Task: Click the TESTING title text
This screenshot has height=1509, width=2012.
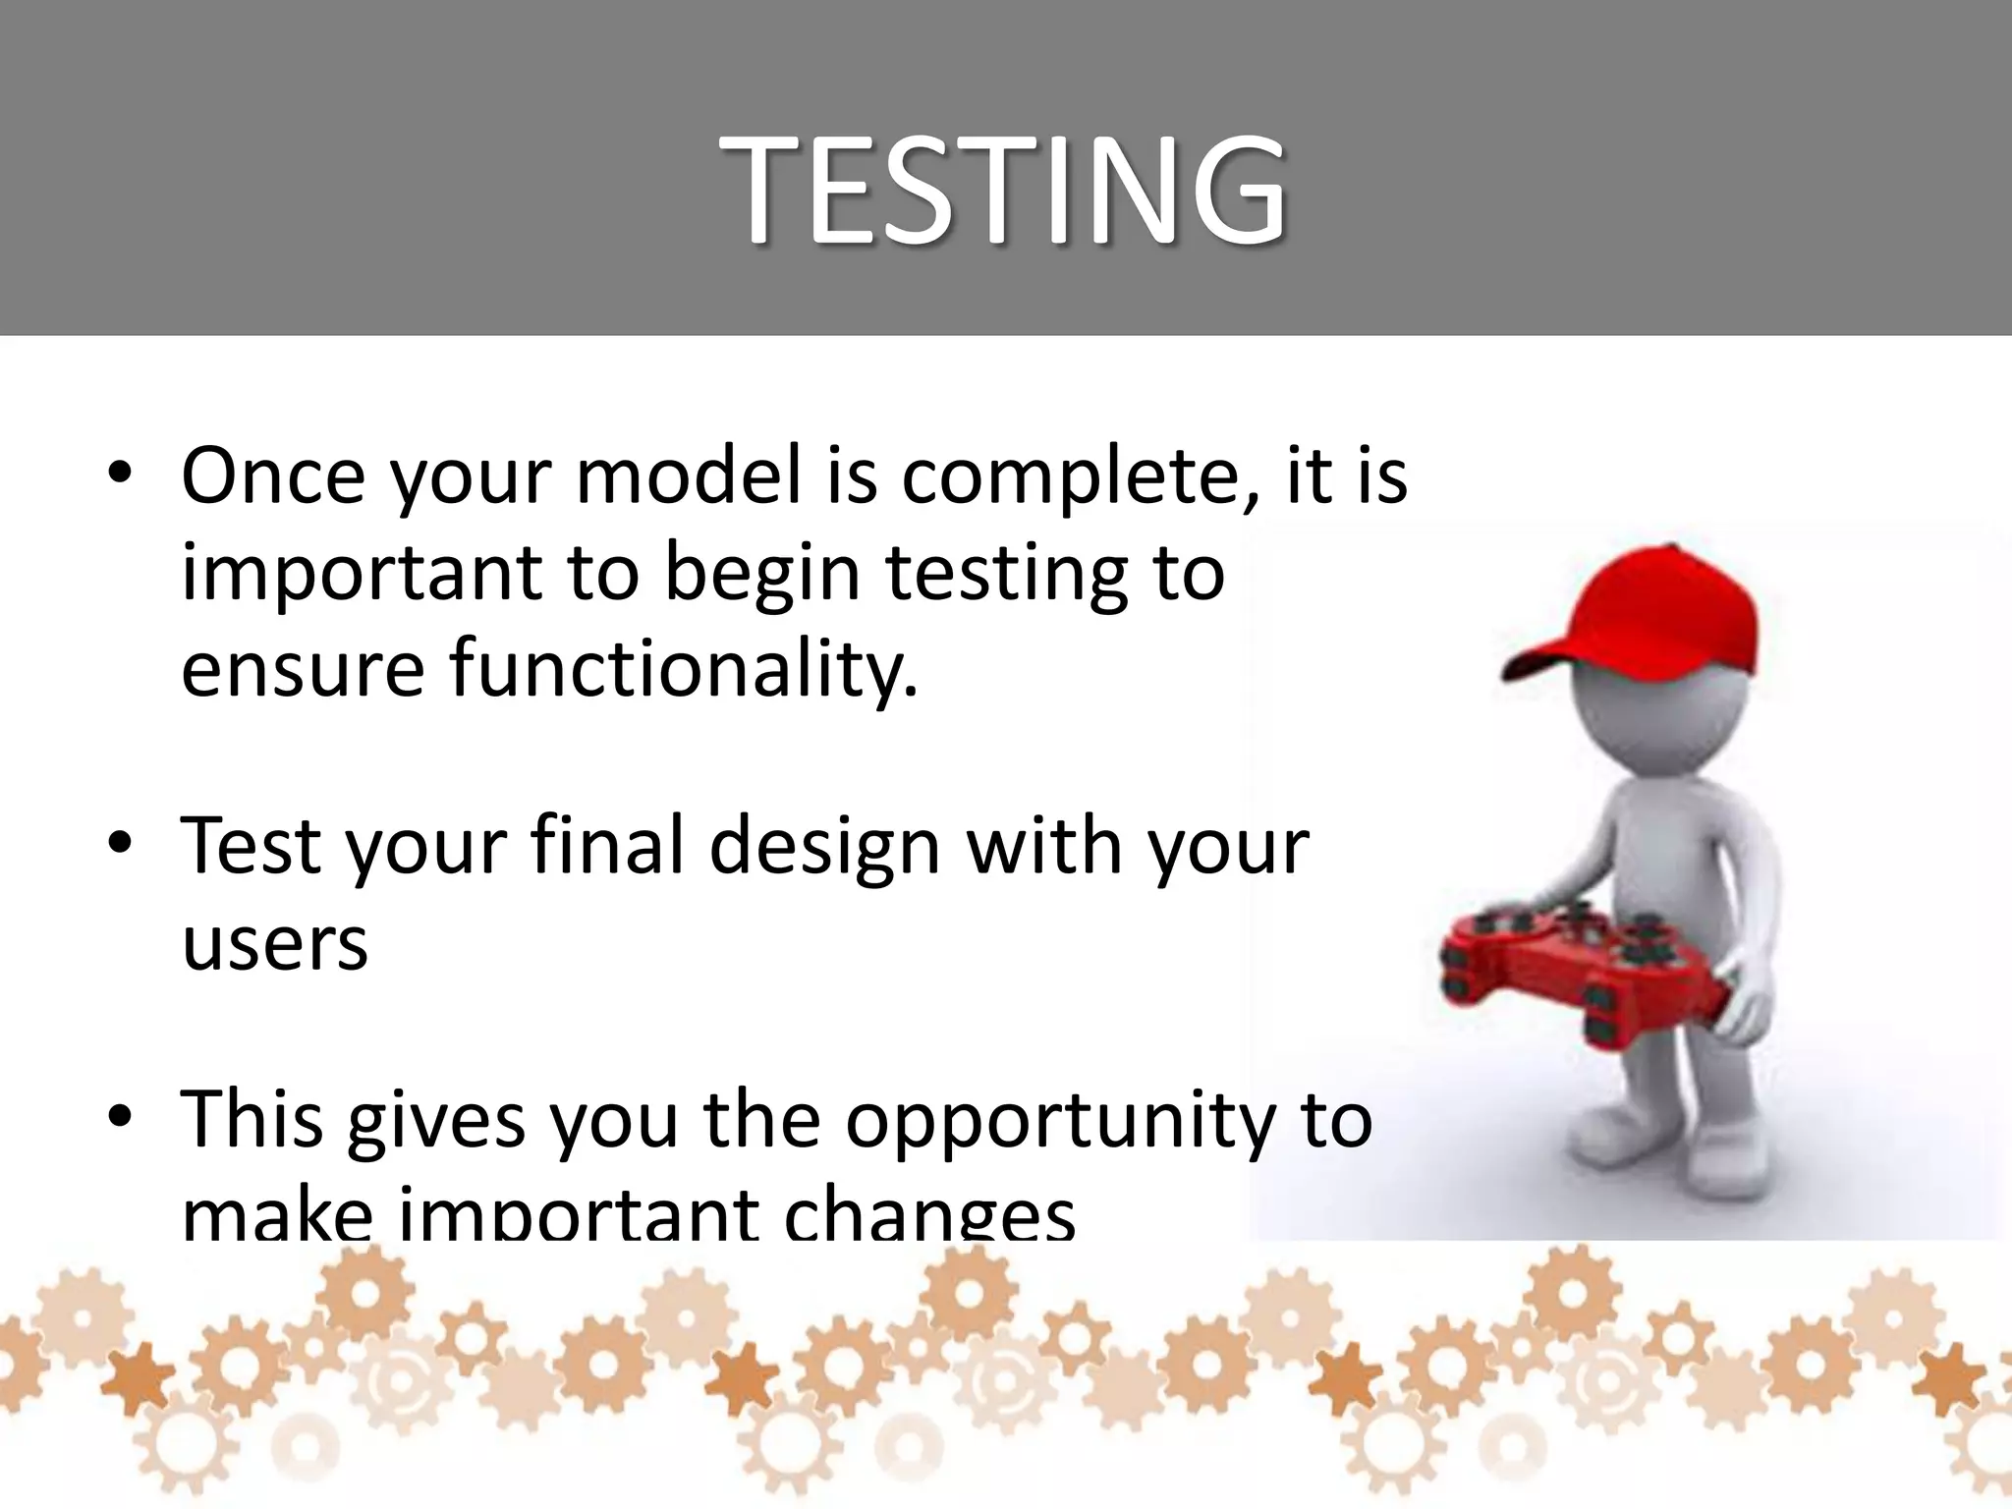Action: coord(1003,189)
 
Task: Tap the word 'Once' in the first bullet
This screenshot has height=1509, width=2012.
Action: coord(272,476)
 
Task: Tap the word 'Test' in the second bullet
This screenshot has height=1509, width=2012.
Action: coord(251,846)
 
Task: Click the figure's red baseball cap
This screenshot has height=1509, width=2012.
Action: coord(1660,609)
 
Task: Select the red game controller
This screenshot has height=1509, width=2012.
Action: coord(1582,968)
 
